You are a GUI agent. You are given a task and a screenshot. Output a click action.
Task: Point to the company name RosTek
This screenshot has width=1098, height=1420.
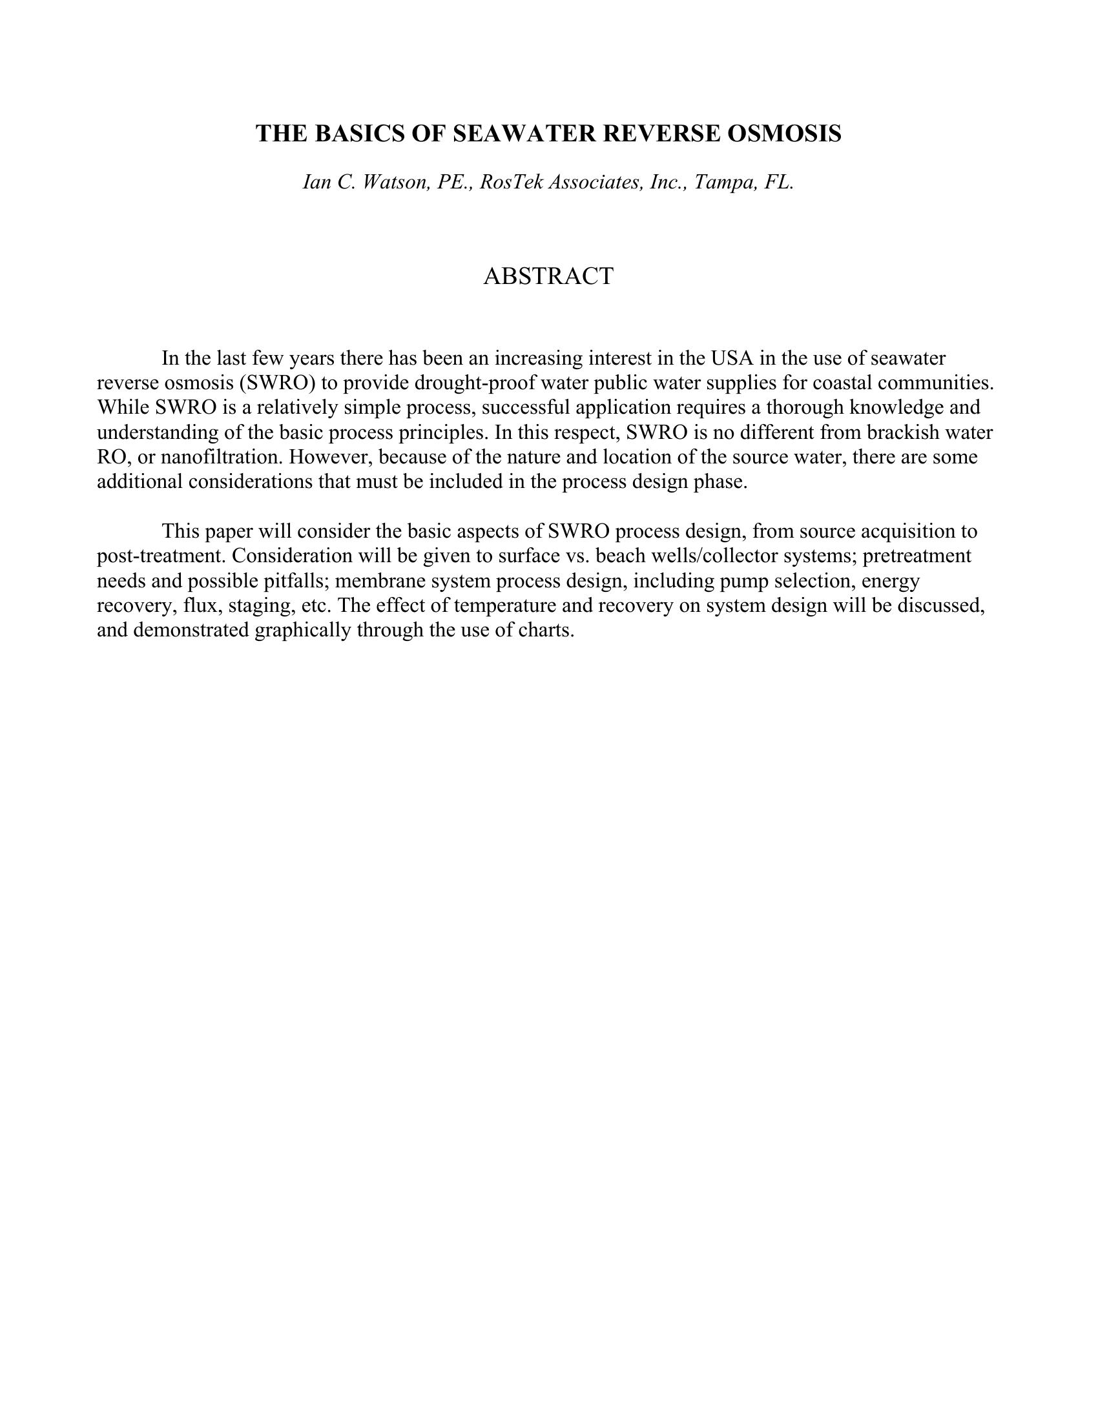[x=512, y=182]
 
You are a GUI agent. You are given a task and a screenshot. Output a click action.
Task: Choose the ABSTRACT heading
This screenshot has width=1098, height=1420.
[x=548, y=276]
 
